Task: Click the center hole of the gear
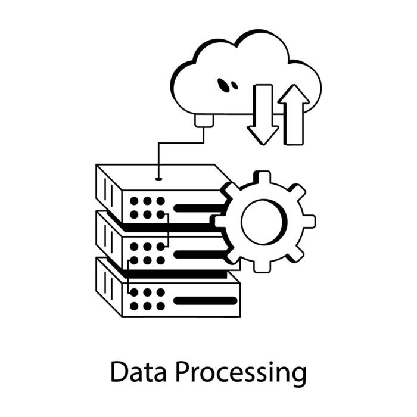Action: click(x=264, y=222)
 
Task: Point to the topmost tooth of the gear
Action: click(x=262, y=178)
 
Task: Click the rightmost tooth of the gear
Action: click(x=309, y=222)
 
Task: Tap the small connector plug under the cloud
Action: click(x=204, y=120)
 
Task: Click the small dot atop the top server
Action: click(x=158, y=178)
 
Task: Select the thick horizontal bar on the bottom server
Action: click(x=204, y=300)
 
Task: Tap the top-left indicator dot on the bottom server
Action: click(x=134, y=292)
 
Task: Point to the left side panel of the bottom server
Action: click(x=108, y=285)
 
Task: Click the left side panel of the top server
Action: click(x=108, y=192)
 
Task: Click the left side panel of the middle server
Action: click(x=108, y=238)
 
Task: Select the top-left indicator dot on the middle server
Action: click(x=134, y=246)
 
